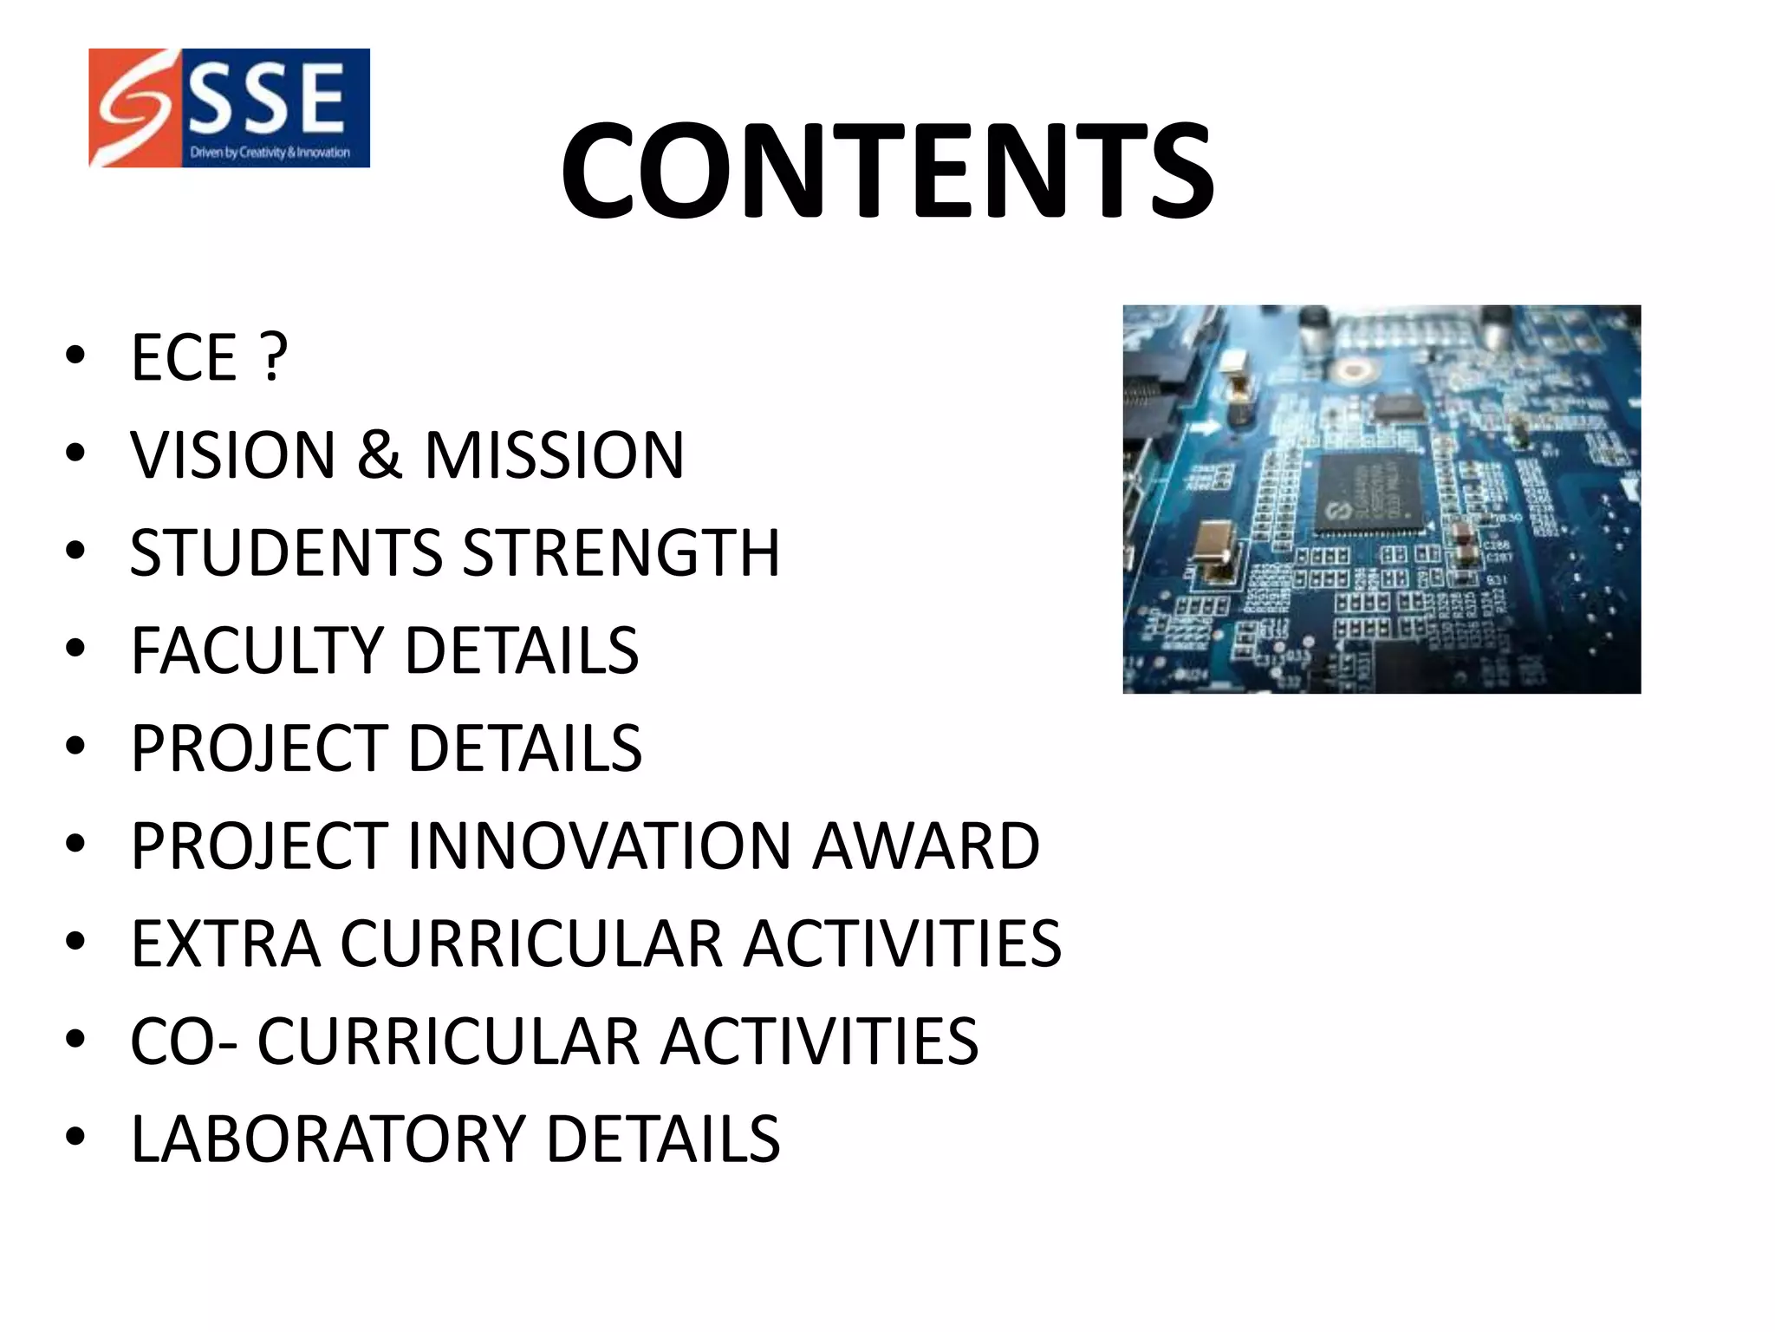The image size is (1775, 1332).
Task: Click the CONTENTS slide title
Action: (887, 171)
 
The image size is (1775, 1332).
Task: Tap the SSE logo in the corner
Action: (229, 108)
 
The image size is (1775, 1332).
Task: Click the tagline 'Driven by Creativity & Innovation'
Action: (270, 153)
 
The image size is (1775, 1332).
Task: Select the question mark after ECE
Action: (274, 356)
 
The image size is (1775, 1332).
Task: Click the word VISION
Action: (233, 454)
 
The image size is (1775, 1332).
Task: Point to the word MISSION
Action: (555, 454)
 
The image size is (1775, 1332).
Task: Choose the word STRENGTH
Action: (621, 552)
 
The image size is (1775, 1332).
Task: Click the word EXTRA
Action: (225, 943)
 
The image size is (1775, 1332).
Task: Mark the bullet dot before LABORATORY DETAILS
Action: (75, 1137)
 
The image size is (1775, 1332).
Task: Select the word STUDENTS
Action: (286, 552)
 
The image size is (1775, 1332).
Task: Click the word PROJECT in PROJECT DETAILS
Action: (258, 748)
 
